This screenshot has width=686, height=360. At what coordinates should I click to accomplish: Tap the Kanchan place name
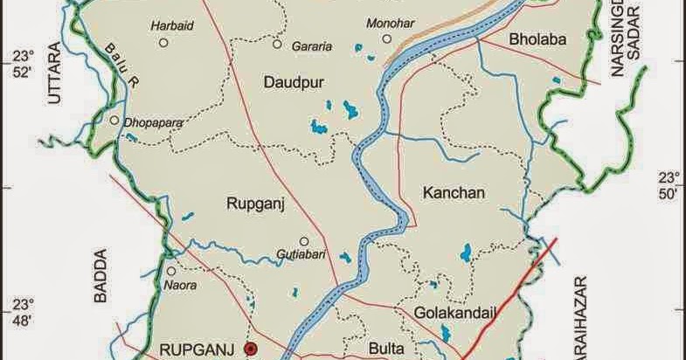tap(452, 191)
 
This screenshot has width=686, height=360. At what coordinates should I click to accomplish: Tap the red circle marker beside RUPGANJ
tap(251, 350)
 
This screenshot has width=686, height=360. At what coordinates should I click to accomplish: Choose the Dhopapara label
tap(154, 123)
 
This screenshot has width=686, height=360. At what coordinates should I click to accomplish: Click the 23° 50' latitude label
tap(669, 186)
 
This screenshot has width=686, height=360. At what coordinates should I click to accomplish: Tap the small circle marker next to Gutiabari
tap(304, 241)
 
